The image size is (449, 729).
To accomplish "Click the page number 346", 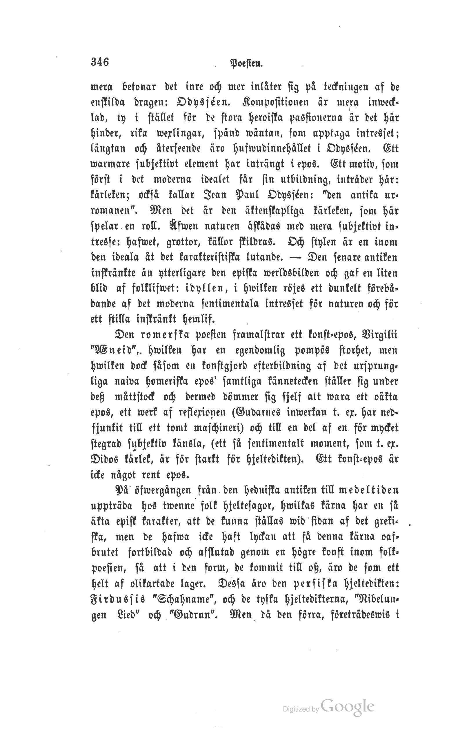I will coord(100,62).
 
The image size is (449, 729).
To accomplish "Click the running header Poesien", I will coord(246,63).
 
